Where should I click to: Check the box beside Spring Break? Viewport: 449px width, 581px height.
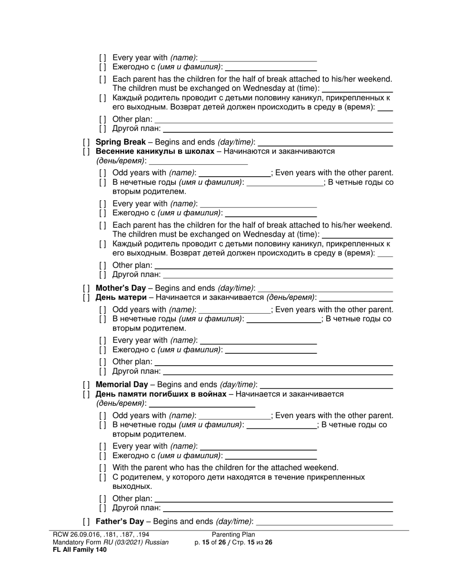86,142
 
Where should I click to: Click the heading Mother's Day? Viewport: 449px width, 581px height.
121,288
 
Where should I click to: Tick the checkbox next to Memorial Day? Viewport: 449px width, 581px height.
86,385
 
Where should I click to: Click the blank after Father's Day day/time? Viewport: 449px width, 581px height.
324,521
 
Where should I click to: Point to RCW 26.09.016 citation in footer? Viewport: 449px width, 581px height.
101,535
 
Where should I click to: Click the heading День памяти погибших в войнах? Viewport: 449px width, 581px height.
161,394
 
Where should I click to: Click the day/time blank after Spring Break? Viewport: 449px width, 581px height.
326,142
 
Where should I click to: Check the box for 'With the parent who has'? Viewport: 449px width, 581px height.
103,468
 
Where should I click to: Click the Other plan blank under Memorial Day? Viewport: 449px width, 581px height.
274,498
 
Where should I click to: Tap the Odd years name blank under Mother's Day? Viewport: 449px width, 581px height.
234,310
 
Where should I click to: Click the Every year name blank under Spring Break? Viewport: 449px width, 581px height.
259,204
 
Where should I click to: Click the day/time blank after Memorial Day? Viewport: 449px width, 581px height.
326,385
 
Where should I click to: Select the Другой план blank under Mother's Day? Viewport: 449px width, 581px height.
278,371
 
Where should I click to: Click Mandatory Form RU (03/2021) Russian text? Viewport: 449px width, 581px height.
111,542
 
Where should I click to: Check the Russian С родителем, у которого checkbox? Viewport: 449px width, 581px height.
103,477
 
